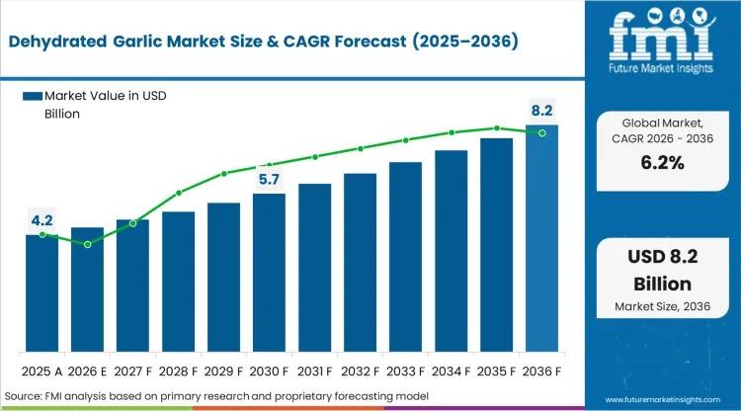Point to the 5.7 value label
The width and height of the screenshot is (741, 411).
tap(269, 179)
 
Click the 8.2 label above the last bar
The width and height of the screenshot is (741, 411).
tap(541, 111)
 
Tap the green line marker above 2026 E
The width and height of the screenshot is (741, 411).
tap(88, 244)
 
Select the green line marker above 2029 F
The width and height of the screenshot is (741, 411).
tap(224, 174)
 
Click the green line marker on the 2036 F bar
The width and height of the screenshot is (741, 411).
tap(541, 132)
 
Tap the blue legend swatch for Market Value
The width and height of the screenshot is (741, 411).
tap(32, 96)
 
